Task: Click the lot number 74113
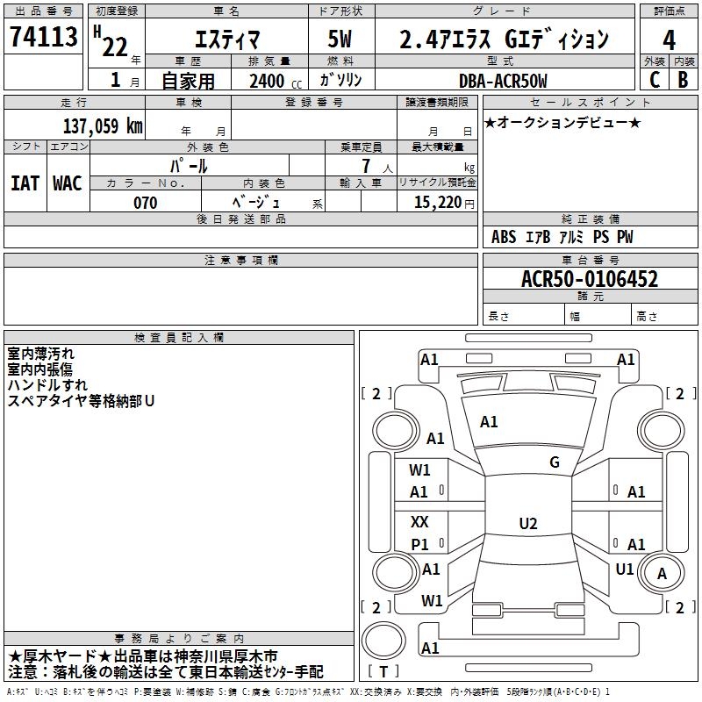43,36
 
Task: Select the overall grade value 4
669,40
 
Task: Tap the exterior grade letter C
654,80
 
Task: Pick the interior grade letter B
683,80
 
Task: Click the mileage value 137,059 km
103,125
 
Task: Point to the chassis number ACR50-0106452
590,279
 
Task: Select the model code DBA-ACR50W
503,81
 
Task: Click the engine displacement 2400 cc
276,81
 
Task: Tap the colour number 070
145,203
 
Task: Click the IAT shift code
25,183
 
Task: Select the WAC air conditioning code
68,183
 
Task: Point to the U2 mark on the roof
528,523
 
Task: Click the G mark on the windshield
555,462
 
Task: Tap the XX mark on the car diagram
419,521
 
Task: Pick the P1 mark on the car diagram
419,544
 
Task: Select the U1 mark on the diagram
624,569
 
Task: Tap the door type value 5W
340,39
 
